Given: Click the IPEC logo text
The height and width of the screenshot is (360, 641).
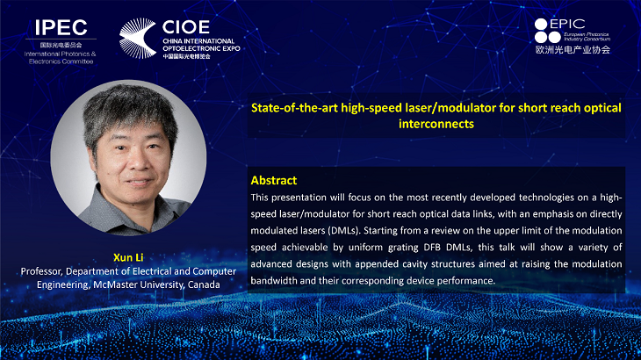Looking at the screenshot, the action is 61,28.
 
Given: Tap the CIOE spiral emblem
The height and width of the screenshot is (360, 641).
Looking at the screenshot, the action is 138,38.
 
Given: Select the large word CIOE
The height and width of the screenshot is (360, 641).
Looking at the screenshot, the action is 186,27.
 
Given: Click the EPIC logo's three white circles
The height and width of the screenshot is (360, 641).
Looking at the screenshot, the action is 547,31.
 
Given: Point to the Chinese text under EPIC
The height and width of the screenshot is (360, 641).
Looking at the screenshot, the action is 573,50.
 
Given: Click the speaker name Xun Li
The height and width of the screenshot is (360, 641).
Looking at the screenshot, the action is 128,257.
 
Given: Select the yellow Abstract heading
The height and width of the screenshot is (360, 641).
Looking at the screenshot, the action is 273,180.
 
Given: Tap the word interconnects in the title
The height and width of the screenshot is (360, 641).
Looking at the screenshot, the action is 436,124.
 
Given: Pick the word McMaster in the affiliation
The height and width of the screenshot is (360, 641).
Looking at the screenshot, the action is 115,284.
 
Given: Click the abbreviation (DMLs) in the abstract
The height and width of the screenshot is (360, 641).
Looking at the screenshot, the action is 344,230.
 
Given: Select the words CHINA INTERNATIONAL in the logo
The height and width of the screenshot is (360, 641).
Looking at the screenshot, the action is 198,41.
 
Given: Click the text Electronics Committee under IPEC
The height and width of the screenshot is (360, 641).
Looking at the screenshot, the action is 61,61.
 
